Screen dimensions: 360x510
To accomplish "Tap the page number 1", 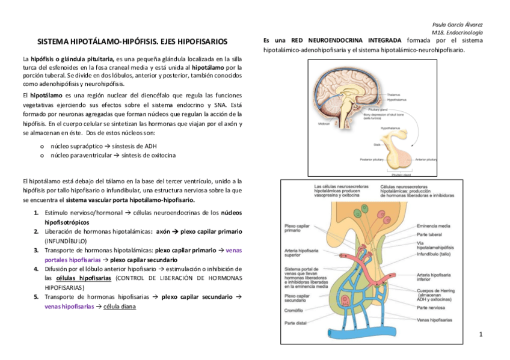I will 481,333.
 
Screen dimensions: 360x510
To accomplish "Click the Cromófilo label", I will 293,311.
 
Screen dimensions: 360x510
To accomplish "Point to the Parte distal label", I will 295,323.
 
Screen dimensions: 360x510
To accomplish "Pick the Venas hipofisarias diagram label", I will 434,320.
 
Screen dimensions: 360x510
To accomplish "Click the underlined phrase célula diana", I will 120,307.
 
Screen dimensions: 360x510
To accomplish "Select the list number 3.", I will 36,249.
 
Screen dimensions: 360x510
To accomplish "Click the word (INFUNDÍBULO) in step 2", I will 66,240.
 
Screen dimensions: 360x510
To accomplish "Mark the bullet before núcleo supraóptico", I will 41,146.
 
